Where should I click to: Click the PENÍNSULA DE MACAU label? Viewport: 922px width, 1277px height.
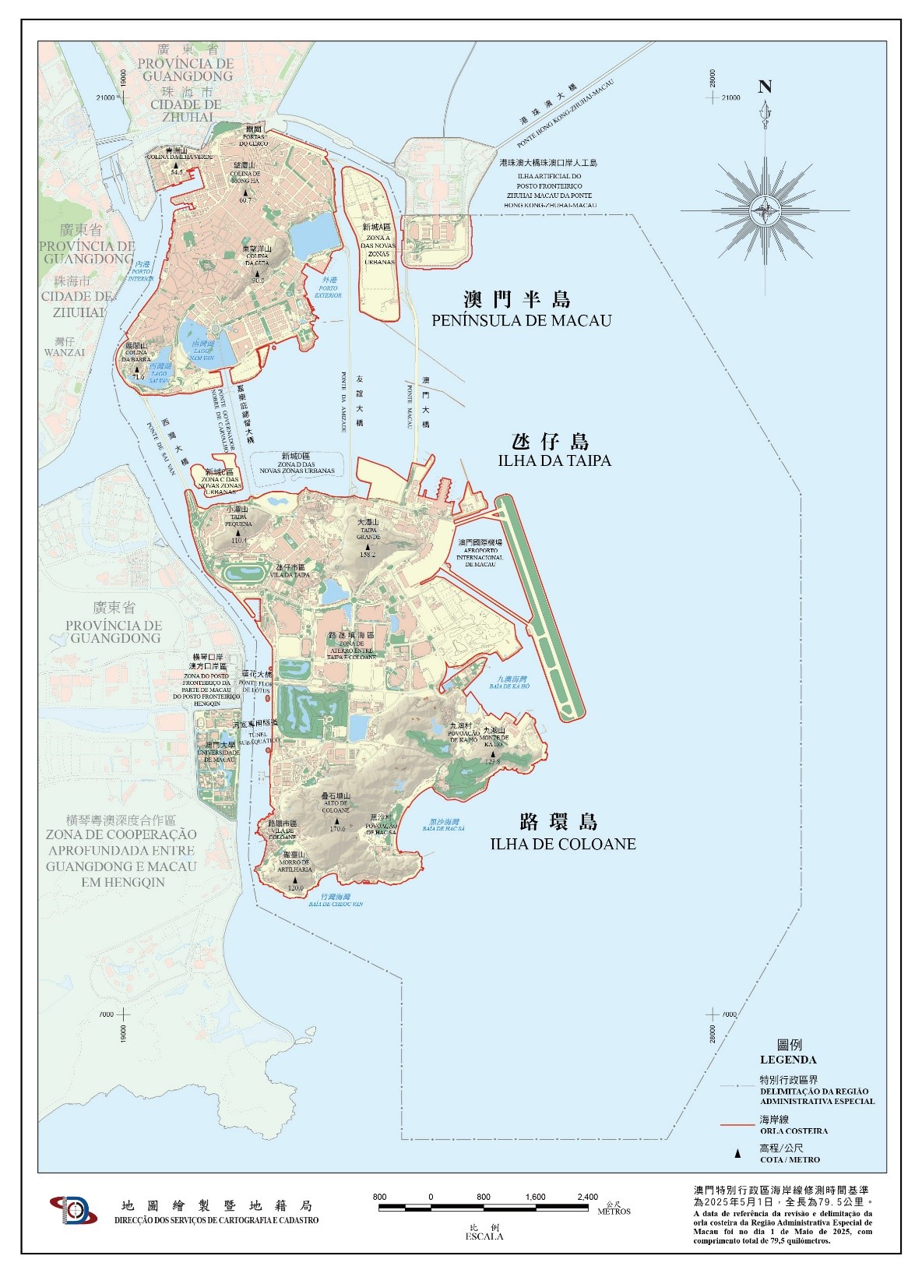pos(521,320)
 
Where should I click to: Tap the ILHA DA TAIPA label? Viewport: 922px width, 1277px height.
pos(554,460)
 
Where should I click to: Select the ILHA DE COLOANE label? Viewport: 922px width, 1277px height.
pos(562,844)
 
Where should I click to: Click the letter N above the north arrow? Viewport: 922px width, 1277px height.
pos(765,87)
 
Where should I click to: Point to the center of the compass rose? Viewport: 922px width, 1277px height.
pos(765,210)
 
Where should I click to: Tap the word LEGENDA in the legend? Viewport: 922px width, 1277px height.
pos(788,1060)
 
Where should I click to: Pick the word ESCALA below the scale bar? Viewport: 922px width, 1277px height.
pos(484,1236)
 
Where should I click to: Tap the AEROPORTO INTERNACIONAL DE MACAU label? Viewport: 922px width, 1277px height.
pos(480,552)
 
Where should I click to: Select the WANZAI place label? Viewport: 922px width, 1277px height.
pos(64,352)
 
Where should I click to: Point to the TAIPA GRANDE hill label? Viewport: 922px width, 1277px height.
pos(368,534)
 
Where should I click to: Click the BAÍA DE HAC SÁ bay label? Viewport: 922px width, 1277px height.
pos(444,829)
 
